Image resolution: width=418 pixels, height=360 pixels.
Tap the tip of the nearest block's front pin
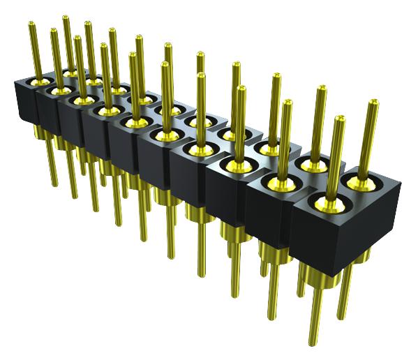340,119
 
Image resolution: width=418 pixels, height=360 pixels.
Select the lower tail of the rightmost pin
343,307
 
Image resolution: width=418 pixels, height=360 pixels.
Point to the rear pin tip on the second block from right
322,89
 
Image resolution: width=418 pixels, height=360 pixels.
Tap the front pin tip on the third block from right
241,89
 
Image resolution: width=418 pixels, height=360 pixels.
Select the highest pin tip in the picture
66,17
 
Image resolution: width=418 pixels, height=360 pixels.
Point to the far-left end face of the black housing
23,102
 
